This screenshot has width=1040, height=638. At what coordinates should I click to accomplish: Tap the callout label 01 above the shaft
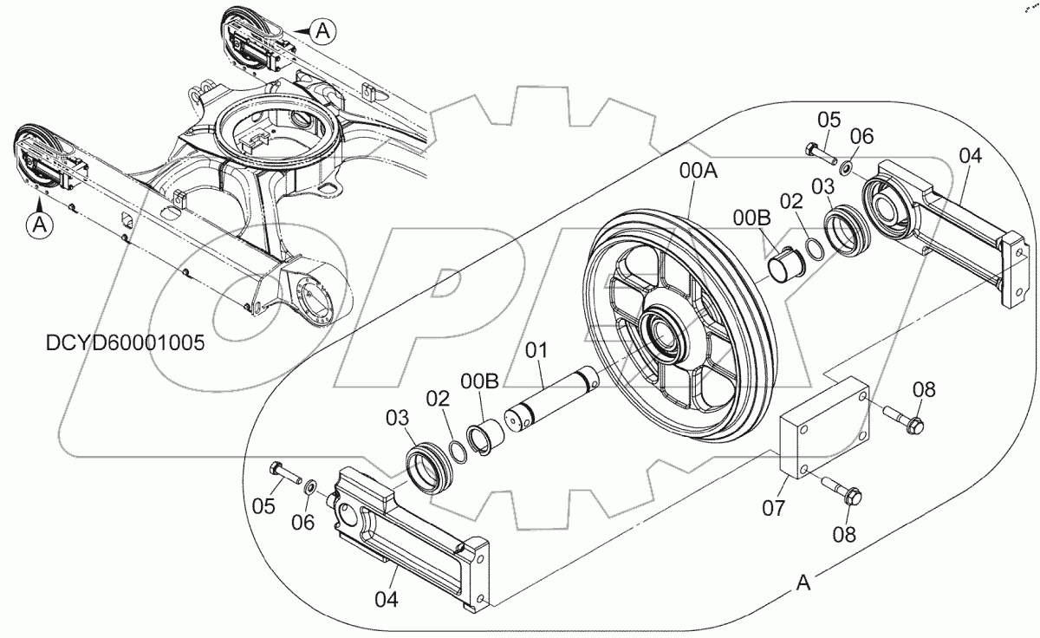[537, 350]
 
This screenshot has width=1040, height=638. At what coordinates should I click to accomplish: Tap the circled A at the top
[322, 31]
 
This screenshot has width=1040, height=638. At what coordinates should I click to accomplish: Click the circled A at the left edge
[37, 224]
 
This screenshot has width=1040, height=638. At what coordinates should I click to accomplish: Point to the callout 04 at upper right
[971, 156]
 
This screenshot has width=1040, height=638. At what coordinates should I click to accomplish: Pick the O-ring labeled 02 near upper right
[816, 249]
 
